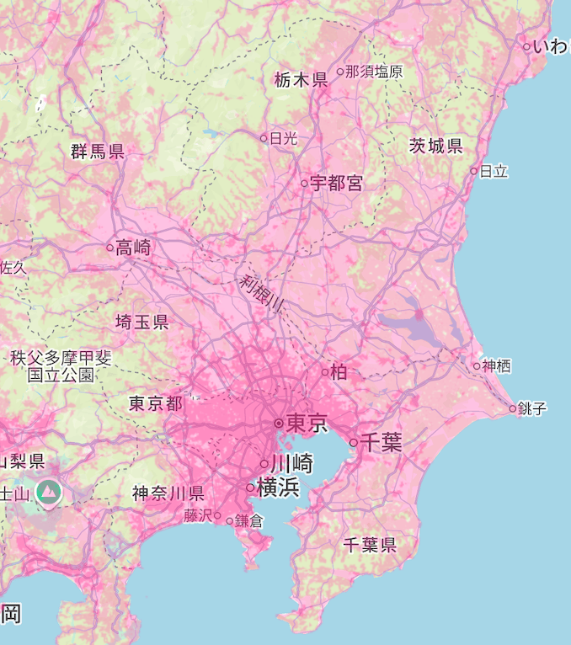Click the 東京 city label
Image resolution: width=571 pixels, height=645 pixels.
tap(307, 423)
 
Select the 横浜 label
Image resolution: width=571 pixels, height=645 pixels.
tap(278, 487)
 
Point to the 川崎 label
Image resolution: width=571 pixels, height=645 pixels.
tap(291, 463)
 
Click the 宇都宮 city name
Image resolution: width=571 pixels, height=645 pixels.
tap(336, 183)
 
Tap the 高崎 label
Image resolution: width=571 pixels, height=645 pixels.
tap(134, 247)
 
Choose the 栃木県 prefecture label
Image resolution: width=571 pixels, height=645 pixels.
tap(301, 80)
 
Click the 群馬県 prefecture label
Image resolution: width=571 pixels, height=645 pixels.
tap(98, 152)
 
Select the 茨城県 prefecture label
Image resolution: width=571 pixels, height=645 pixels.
tap(435, 146)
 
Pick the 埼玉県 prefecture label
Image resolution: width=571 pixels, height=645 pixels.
tap(141, 322)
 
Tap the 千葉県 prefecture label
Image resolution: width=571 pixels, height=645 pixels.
tap(370, 545)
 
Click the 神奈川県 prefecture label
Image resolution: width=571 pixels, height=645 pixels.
tap(168, 493)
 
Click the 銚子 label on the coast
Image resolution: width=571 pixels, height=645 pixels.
tap(532, 409)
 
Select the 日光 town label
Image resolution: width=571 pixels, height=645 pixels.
tap(284, 138)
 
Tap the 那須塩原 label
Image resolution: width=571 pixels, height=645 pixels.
tap(374, 72)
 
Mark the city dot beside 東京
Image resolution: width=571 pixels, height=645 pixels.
tap(278, 423)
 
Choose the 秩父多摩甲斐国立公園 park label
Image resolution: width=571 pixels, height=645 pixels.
tap(61, 366)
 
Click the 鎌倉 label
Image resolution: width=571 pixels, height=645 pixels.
tap(249, 521)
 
